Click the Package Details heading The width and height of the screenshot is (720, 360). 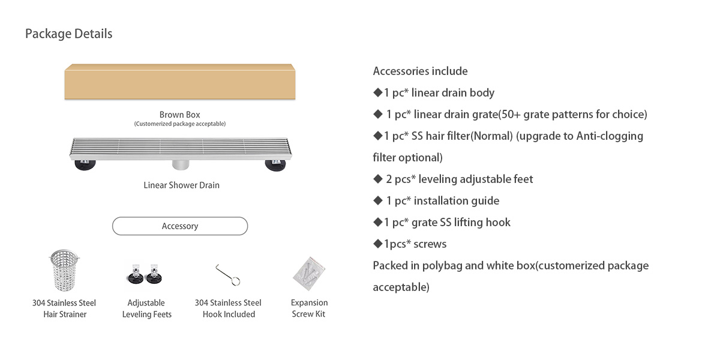pos(68,34)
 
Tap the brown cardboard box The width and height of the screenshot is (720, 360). pos(180,82)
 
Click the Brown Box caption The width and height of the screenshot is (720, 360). pos(179,115)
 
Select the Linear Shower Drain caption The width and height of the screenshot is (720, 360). pos(181,185)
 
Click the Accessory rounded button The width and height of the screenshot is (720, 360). pos(180,226)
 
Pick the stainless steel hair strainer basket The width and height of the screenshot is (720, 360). pos(64,273)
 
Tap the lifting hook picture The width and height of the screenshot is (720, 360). pos(229,275)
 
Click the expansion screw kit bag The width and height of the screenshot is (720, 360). pos(310,275)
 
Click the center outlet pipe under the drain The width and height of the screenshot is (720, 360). pos(181,164)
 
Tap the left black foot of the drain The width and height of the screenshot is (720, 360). pos(84,164)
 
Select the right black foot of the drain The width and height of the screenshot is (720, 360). pos(277,164)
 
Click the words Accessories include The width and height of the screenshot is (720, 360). pos(420,71)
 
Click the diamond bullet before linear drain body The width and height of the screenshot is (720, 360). pos(377,92)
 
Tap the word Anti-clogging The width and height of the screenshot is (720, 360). pos(610,136)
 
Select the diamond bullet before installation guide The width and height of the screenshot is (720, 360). pos(378,200)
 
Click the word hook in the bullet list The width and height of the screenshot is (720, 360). pos(498,223)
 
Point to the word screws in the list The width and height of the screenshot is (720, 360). pos(430,244)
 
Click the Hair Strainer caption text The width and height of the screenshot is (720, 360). pos(65,314)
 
